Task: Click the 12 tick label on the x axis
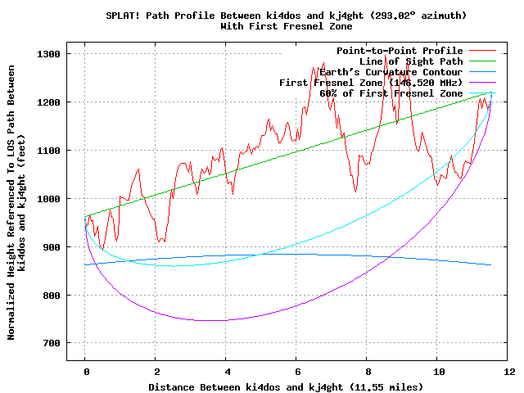click(508, 371)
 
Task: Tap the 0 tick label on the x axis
click(85, 371)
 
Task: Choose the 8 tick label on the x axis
click(368, 371)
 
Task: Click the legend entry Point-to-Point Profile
click(400, 51)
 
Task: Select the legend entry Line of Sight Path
click(411, 61)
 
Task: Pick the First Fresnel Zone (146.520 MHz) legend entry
click(371, 83)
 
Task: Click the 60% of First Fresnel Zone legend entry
click(391, 93)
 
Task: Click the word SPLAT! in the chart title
click(124, 16)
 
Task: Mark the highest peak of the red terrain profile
click(385, 54)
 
